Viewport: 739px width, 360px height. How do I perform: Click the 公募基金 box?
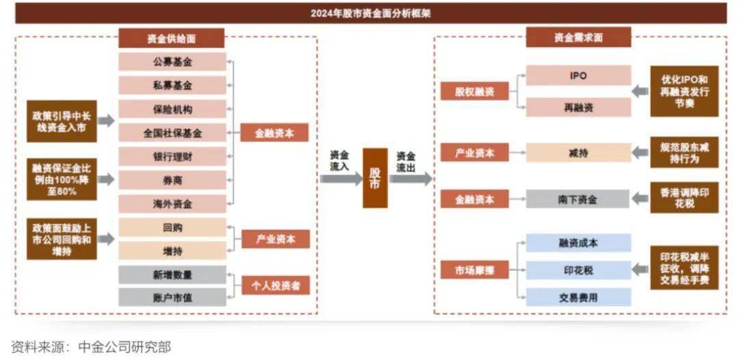(x=172, y=62)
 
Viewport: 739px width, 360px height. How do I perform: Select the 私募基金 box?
(x=172, y=86)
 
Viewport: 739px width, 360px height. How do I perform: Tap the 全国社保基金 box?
(x=172, y=133)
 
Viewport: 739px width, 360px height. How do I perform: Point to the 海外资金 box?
(x=172, y=204)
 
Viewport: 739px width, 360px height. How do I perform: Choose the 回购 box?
(x=172, y=228)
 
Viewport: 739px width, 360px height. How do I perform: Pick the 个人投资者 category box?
(x=275, y=285)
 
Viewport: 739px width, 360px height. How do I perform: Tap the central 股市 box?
(x=375, y=178)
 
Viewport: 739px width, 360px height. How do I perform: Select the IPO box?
(x=578, y=76)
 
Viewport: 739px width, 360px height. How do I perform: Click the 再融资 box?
(x=578, y=107)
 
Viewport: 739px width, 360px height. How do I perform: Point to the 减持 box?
(x=578, y=153)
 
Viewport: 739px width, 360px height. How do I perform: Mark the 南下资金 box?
(x=578, y=199)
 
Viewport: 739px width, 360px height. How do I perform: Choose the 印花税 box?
(x=578, y=270)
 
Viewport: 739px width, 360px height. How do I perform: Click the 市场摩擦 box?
(x=474, y=270)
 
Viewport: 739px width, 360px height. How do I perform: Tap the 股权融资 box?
(x=474, y=91)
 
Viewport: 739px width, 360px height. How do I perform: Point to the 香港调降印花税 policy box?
(x=684, y=198)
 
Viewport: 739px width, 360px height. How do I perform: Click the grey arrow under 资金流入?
(x=341, y=179)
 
